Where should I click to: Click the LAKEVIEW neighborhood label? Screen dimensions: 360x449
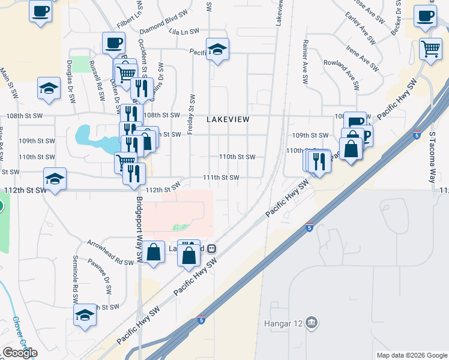(228, 119)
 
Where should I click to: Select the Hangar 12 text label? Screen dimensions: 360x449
(282, 325)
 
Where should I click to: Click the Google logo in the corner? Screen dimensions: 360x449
(20, 353)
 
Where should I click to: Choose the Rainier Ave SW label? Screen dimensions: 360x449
(306, 61)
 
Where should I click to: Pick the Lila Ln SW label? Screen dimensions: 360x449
(183, 31)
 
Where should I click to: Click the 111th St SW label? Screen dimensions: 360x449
(221, 178)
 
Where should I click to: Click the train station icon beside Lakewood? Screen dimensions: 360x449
(211, 249)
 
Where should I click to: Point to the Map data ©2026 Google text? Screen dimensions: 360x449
(411, 355)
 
